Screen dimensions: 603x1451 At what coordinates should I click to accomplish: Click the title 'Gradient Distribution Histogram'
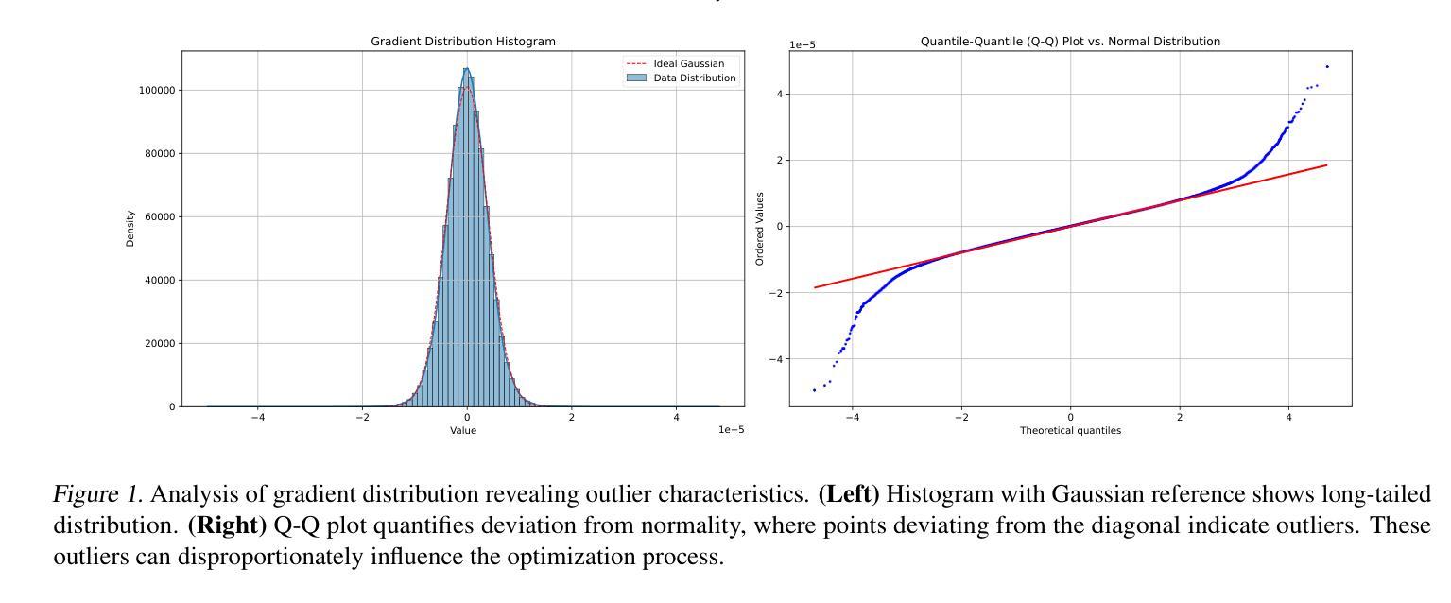[x=462, y=42]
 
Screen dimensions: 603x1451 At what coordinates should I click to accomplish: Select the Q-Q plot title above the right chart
[x=1070, y=42]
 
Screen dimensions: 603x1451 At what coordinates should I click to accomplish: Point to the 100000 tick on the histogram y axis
[x=156, y=91]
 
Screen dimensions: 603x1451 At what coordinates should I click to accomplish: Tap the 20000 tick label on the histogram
[x=159, y=344]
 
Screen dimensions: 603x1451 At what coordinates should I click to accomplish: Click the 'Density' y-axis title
[x=130, y=229]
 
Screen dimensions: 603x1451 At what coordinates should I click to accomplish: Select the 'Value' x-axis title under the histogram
[x=463, y=431]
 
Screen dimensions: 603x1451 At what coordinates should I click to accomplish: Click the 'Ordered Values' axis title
[x=760, y=229]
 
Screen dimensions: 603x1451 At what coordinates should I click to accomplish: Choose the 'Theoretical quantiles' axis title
[x=1070, y=431]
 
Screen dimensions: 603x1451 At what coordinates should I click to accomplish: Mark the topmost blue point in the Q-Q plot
[x=1327, y=66]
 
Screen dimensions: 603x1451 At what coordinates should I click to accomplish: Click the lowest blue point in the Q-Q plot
[x=814, y=390]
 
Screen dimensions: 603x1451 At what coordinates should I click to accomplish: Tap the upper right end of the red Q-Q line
[x=1326, y=165]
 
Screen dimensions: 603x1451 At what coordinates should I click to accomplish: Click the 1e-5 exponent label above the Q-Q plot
[x=803, y=44]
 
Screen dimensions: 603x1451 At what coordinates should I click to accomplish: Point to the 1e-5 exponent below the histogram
[x=731, y=430]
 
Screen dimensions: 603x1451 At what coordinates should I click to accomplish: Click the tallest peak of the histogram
[x=466, y=69]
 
